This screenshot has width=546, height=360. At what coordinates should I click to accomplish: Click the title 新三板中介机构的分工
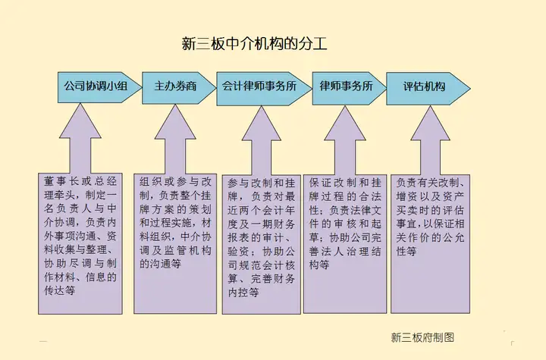(x=255, y=44)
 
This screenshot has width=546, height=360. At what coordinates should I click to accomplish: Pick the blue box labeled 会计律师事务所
(x=264, y=89)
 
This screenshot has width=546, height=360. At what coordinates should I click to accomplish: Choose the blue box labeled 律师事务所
(x=349, y=88)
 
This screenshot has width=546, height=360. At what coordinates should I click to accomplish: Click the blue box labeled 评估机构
(x=428, y=89)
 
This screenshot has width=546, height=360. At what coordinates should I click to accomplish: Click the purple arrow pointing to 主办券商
(x=175, y=139)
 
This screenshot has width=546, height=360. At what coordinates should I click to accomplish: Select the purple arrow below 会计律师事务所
(x=261, y=141)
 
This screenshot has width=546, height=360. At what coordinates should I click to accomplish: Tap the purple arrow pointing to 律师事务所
(x=345, y=140)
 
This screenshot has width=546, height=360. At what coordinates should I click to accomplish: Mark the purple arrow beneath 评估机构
(x=431, y=140)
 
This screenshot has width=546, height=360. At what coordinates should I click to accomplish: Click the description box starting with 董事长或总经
(x=80, y=244)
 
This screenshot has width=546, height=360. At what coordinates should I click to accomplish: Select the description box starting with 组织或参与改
(x=175, y=244)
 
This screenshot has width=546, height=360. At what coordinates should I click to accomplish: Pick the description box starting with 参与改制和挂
(x=261, y=244)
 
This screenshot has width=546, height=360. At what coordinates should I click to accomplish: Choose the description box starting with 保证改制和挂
(x=345, y=244)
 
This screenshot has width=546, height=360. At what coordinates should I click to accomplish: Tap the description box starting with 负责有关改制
(x=431, y=244)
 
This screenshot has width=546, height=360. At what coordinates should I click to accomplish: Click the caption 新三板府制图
(x=422, y=337)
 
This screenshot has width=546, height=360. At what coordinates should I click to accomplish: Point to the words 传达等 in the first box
(x=60, y=290)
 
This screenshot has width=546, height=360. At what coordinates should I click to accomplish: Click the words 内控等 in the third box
(x=243, y=292)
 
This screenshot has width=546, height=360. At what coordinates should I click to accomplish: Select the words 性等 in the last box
(x=406, y=251)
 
